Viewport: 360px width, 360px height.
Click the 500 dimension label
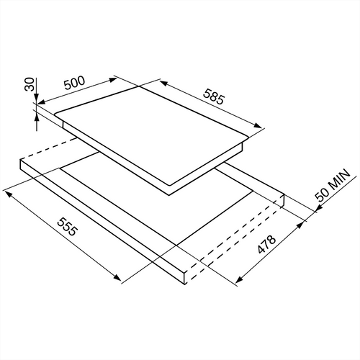click(75, 83)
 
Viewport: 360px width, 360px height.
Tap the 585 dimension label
click(214, 96)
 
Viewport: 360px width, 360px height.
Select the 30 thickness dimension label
click(30, 84)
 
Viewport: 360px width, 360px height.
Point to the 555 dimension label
click(68, 227)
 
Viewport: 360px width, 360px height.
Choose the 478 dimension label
click(266, 244)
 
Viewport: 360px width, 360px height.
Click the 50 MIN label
click(333, 185)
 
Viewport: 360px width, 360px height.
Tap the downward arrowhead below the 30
click(36, 97)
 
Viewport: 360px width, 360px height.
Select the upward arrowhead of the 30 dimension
click(37, 119)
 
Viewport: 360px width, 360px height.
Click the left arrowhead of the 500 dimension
click(41, 102)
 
